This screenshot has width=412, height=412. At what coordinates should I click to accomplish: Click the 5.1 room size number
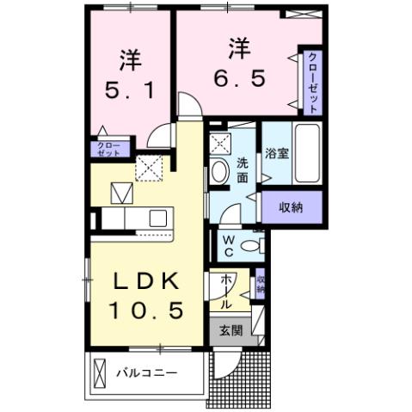click(129, 89)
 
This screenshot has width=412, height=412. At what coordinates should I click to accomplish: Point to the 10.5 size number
click(145, 311)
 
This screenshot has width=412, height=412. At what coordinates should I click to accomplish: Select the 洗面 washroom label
click(243, 169)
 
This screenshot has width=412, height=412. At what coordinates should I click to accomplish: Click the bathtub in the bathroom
click(307, 154)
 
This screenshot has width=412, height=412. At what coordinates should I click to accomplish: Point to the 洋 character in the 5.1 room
click(129, 59)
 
